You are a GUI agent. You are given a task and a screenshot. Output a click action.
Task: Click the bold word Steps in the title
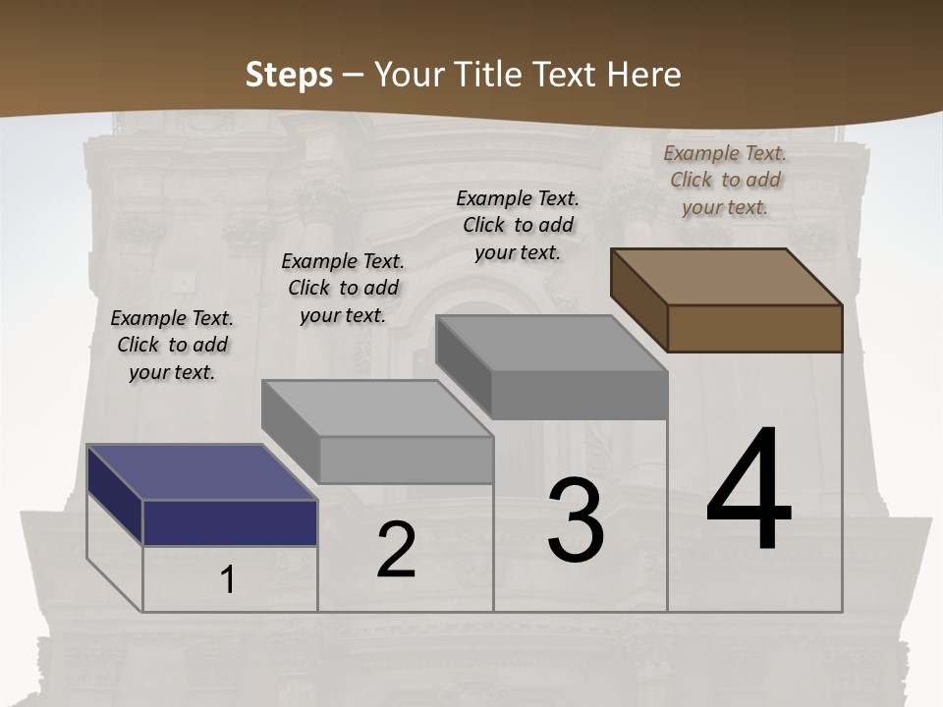pyautogui.click(x=288, y=75)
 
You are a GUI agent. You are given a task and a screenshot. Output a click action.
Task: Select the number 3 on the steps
pyautogui.click(x=576, y=520)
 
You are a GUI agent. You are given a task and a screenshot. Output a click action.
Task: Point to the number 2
pyautogui.click(x=396, y=550)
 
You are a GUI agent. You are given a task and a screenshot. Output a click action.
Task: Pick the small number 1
pyautogui.click(x=227, y=580)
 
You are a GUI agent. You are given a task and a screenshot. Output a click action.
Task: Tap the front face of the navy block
pyautogui.click(x=230, y=522)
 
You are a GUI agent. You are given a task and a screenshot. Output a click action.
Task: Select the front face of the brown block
pyautogui.click(x=754, y=328)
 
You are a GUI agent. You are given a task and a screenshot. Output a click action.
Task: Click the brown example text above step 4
pyautogui.click(x=725, y=180)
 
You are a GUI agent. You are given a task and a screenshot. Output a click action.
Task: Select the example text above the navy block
pyautogui.click(x=172, y=345)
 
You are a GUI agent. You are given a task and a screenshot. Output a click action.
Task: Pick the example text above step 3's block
pyautogui.click(x=518, y=225)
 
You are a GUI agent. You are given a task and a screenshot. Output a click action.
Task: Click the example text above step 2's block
pyautogui.click(x=343, y=288)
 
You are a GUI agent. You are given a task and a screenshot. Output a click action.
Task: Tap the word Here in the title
pyautogui.click(x=643, y=75)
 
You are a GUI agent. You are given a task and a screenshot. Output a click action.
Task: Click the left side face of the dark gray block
pyautogui.click(x=463, y=365)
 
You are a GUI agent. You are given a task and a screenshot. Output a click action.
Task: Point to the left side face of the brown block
pyautogui.click(x=638, y=299)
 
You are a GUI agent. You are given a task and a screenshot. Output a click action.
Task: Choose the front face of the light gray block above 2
pyautogui.click(x=406, y=460)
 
